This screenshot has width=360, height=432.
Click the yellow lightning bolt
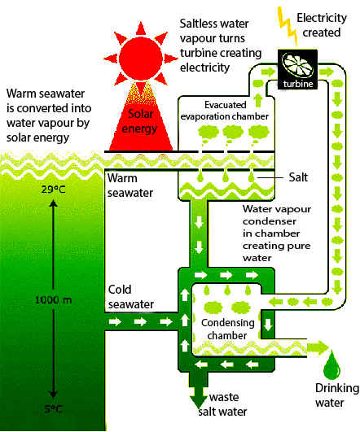(x=288, y=26)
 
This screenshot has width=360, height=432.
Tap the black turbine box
(x=297, y=69)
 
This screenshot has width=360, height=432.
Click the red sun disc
(x=141, y=59)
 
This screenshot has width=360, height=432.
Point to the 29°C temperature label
(x=54, y=190)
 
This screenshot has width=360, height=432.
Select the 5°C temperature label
(x=54, y=409)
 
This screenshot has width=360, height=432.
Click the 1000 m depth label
(x=54, y=299)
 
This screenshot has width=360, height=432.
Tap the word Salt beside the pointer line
(x=298, y=177)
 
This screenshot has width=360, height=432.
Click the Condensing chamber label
(x=227, y=329)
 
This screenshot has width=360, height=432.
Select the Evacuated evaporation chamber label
(x=225, y=111)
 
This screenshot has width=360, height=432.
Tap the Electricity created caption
(x=322, y=25)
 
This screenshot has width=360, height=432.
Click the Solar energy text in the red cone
(x=140, y=121)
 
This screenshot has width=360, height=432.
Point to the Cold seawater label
(x=131, y=297)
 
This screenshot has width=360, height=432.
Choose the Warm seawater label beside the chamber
(x=130, y=185)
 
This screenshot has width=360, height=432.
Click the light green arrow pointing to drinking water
(x=318, y=347)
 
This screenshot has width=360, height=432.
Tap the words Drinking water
(x=337, y=395)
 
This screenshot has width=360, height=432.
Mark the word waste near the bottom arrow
(x=224, y=397)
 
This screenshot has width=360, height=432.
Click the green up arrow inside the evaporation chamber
(x=258, y=100)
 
